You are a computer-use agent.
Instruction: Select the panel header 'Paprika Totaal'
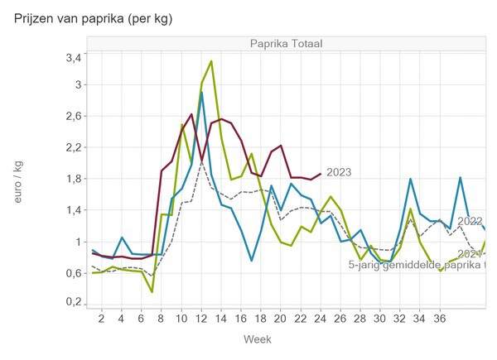point(287,44)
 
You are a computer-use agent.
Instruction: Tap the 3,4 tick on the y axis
point(73,57)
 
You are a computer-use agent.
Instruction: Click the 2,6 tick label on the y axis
point(73,116)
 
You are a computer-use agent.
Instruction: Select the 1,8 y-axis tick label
point(73,179)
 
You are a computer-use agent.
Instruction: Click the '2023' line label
point(340,173)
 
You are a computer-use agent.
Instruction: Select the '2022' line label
point(470,222)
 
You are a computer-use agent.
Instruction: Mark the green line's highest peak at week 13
point(211,61)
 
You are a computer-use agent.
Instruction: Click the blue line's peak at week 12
point(201,93)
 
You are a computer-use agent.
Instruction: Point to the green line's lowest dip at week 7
point(152,291)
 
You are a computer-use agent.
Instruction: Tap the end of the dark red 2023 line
point(321,174)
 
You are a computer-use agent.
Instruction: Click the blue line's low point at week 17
point(251,261)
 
